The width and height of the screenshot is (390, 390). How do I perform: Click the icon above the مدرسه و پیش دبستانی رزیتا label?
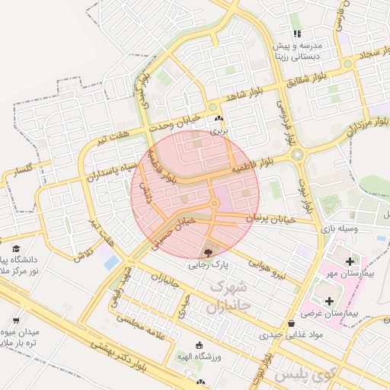click(x=297, y=34)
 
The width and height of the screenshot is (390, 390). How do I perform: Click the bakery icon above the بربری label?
click(x=219, y=119)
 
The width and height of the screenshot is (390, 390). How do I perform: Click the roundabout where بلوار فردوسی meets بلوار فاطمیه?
click(x=296, y=155)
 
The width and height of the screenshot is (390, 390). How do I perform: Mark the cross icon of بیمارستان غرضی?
click(x=329, y=301)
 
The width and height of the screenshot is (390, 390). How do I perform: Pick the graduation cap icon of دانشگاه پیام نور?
click(x=16, y=248)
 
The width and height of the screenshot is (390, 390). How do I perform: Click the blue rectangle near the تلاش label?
click(x=112, y=262)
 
